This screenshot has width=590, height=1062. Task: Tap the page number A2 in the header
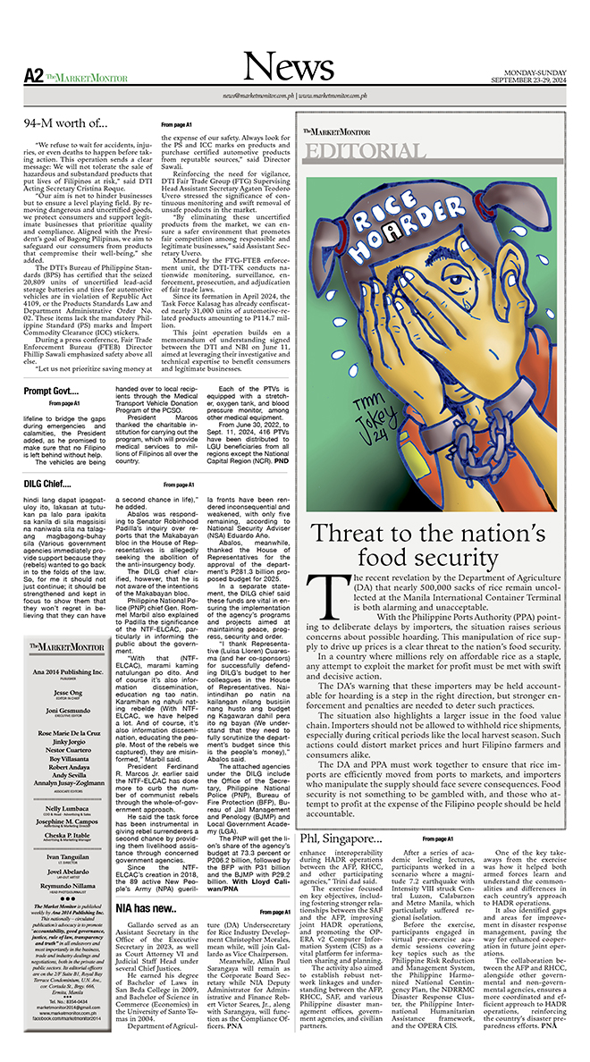coord(35,75)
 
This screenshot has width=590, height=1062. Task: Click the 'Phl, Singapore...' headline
coord(344,839)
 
